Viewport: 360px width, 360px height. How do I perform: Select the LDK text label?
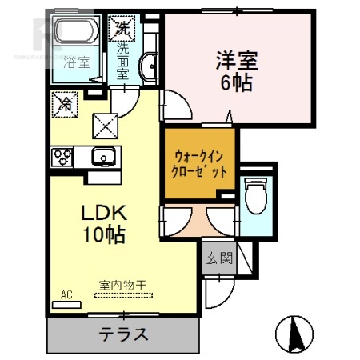click(x=102, y=213)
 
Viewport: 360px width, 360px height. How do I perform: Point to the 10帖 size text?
click(x=102, y=234)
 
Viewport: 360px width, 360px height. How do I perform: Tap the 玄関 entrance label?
click(x=218, y=258)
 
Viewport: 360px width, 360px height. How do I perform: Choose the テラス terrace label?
click(x=123, y=334)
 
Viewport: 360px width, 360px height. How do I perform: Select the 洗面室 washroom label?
click(x=122, y=61)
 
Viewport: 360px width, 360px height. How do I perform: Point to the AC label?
click(x=66, y=294)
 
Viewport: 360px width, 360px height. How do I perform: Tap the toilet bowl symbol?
click(x=257, y=195)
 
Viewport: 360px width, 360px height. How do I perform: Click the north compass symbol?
click(x=293, y=332)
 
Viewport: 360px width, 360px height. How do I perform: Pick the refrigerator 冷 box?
click(x=65, y=103)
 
